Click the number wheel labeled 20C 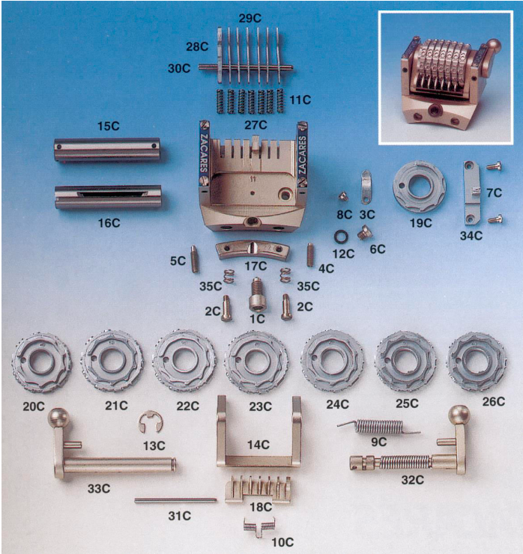click(41, 364)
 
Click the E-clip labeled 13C click(150, 422)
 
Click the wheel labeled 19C click(422, 192)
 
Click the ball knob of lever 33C click(58, 417)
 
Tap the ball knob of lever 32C click(459, 415)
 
